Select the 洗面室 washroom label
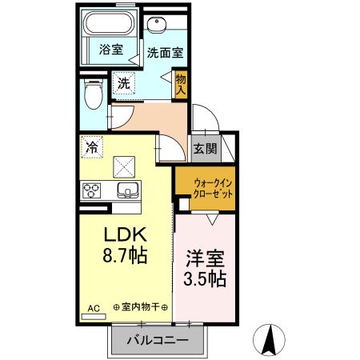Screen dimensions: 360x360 coord(165,53)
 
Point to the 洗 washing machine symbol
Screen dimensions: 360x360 coord(123,82)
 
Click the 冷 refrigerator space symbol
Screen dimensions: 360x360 coord(92,147)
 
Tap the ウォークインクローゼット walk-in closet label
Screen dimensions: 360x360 coord(205,188)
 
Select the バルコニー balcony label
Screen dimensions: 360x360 coord(157,341)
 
